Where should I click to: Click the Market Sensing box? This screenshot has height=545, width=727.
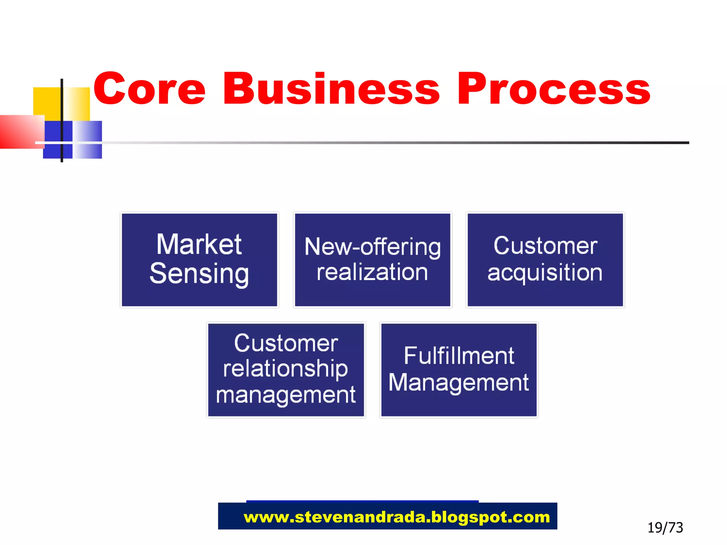[199, 260]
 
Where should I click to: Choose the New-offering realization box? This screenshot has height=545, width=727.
[372, 260]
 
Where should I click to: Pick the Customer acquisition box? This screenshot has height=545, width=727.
[545, 260]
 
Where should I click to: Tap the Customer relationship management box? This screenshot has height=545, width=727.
[286, 370]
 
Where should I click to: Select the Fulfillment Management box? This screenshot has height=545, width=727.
[459, 370]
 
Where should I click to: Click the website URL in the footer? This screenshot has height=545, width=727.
[397, 517]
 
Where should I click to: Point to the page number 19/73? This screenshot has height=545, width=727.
[665, 528]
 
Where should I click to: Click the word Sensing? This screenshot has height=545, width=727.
[199, 274]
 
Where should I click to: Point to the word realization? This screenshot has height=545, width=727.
[372, 272]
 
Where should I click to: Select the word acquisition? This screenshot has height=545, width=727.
[545, 273]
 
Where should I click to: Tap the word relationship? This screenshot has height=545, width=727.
[286, 369]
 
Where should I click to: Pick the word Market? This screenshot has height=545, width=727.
[199, 244]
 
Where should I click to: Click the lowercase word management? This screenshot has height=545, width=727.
[286, 395]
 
